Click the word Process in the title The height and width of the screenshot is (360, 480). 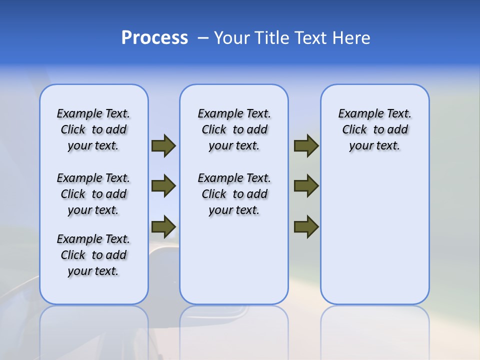coord(154,38)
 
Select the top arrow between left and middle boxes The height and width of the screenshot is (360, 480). coord(163,145)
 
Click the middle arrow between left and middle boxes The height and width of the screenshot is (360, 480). coord(163,186)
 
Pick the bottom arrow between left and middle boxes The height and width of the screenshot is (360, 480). coord(163,226)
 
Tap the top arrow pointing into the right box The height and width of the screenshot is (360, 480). coord(306,145)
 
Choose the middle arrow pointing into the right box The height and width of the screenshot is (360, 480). coord(306,186)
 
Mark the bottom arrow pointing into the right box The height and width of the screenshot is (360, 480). coord(306,226)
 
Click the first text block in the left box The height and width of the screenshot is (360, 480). coord(93,129)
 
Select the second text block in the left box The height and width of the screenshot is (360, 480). coord(93,194)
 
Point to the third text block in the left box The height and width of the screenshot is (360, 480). coord(93,255)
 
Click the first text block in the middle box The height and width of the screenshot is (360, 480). coord(234,129)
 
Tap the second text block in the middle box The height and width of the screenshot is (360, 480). coord(234,194)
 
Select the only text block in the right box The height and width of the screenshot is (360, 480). coord(374,129)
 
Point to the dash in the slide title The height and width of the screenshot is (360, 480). coord(203,38)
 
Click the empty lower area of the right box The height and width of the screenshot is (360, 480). coord(374,240)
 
